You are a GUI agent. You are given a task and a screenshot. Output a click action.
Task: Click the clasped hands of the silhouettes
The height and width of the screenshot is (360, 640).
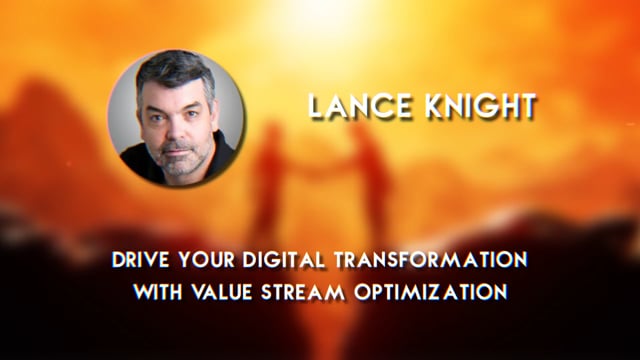point(323,158)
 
